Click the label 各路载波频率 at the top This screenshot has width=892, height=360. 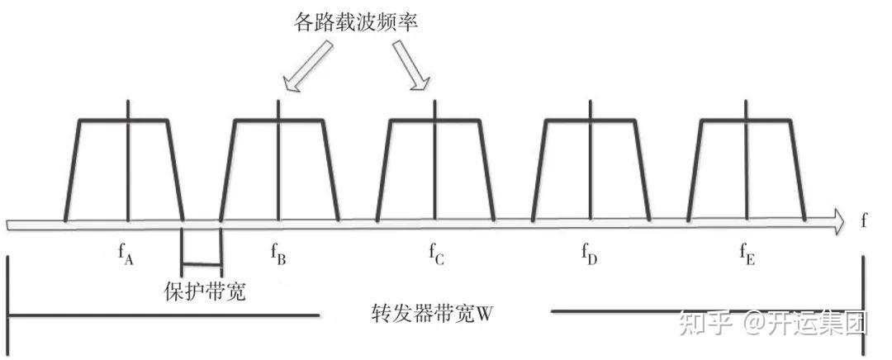point(356,22)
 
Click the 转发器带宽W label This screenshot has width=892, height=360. point(437,315)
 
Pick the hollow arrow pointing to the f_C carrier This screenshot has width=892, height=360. point(410,65)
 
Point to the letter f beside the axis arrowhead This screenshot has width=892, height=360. point(864,221)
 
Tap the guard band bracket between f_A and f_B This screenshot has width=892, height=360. point(202,263)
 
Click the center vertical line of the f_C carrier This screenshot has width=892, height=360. point(436,165)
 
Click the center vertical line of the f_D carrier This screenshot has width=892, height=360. point(591,165)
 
